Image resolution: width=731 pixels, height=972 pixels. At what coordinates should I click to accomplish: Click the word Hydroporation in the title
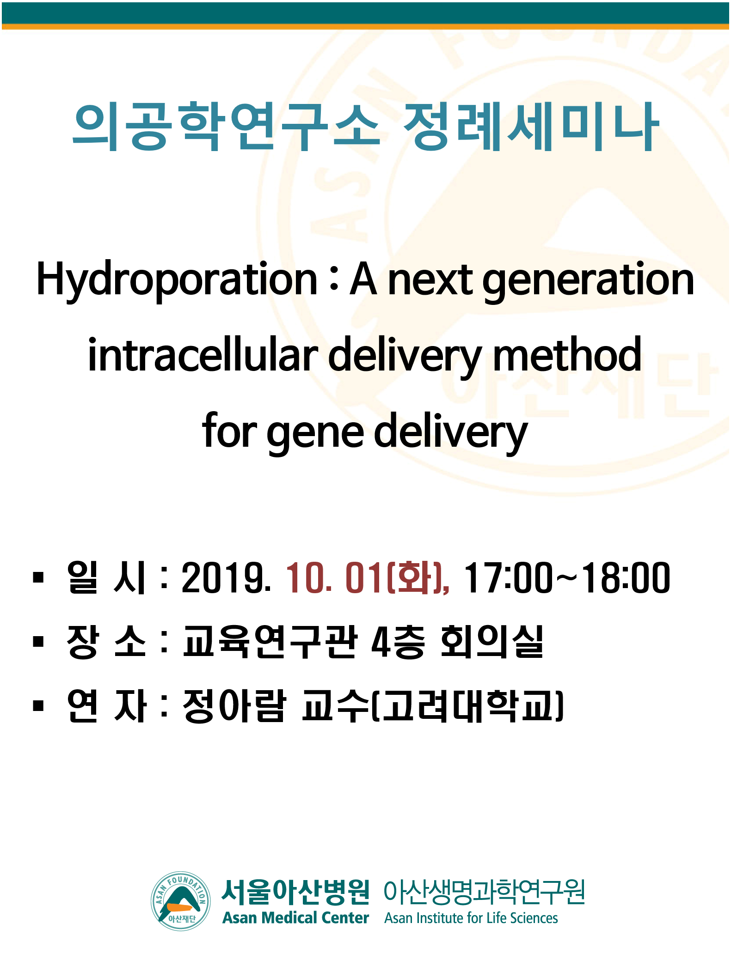point(176,280)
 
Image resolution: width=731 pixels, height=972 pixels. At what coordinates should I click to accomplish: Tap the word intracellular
point(203,355)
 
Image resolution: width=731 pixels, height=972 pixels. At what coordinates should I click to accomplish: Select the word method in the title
point(567,355)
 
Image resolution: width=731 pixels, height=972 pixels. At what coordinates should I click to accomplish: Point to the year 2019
point(226,577)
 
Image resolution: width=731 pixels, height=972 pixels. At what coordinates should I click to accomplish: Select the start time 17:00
point(508,577)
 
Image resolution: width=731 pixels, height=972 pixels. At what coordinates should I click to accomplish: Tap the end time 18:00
point(626,577)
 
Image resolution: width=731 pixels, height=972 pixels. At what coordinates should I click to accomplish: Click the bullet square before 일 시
point(38,578)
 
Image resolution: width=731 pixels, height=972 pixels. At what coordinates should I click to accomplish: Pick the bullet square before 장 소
point(38,642)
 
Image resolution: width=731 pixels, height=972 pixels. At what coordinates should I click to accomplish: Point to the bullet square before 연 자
point(38,705)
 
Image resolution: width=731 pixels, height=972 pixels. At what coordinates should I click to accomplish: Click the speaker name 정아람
point(234,705)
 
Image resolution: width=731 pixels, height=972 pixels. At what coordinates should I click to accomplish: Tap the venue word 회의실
point(492,642)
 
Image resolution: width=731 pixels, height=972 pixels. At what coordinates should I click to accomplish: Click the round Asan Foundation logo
point(181,901)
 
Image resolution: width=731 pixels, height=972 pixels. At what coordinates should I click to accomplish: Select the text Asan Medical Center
point(295,917)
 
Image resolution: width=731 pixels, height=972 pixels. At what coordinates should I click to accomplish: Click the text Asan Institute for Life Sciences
point(471,918)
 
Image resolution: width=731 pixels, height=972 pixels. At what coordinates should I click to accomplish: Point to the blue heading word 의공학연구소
point(227,127)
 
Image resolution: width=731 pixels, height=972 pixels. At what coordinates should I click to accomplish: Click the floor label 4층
point(398,642)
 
